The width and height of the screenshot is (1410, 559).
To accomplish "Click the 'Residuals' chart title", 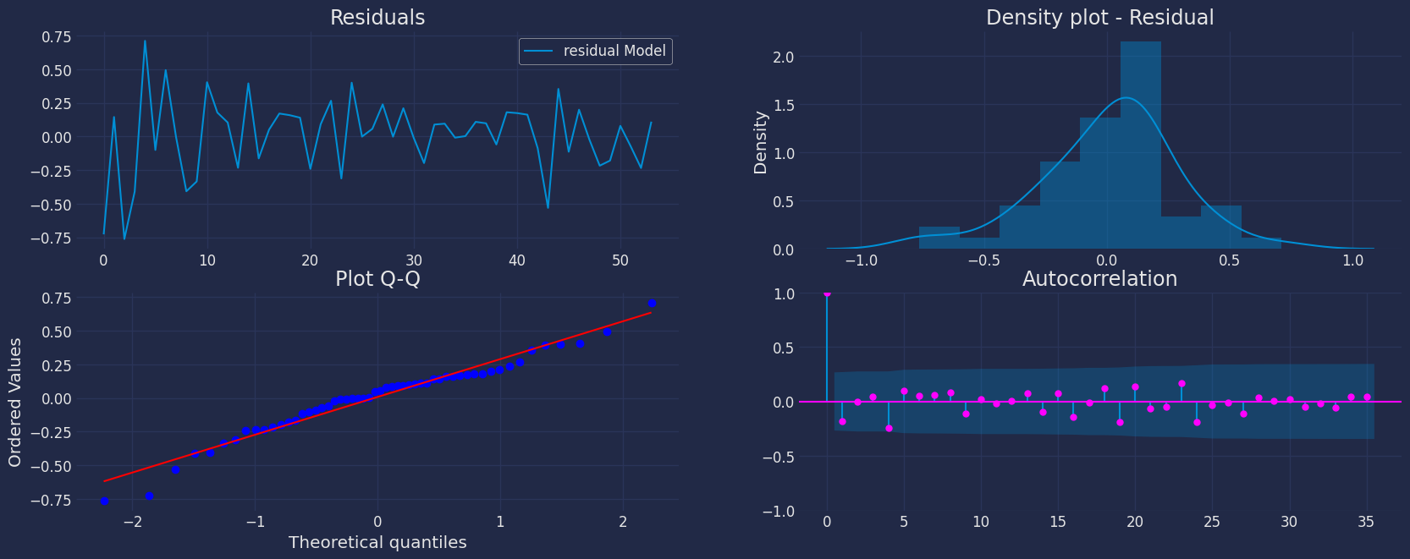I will pos(377,18).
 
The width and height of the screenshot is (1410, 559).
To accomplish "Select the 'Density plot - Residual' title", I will pos(1099,18).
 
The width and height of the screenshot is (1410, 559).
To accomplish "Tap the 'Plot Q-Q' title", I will pos(377,279).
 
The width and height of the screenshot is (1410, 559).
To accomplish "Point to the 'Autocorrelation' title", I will pos(1099,279).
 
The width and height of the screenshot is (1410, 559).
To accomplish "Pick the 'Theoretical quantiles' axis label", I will pos(377,542).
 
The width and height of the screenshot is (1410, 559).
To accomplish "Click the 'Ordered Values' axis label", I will pos(15,402).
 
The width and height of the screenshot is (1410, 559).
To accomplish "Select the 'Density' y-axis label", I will pos(761,142).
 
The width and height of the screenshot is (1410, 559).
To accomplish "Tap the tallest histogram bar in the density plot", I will pos(1140,144).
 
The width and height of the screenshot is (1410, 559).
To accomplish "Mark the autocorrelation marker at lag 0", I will pos(827,293).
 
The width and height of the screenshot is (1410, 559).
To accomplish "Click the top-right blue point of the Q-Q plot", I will pos(652,303).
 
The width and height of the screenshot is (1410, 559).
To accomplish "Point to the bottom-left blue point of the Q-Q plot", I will pos(104,501).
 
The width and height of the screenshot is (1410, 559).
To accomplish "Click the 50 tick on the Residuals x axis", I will pos(620,260).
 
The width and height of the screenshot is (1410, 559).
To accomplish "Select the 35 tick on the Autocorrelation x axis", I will pos(1365,522).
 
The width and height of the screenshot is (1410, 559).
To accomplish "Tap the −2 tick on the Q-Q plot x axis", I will pos(132,522).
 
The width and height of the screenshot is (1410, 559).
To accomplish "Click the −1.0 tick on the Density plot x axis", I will pos(862,260).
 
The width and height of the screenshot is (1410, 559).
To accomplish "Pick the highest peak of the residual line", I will pos(145,41).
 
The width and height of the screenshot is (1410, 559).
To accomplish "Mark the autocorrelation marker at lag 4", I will pos(889,428).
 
